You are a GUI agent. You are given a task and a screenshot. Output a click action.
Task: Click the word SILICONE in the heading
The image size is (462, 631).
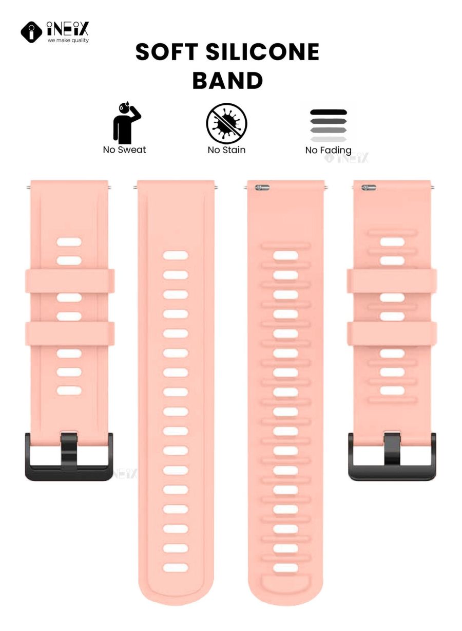pyautogui.click(x=263, y=52)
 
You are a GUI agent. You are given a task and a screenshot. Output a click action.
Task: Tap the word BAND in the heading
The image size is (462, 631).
pyautogui.click(x=227, y=80)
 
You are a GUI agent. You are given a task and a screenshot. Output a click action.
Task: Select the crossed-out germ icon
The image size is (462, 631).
pyautogui.click(x=226, y=123)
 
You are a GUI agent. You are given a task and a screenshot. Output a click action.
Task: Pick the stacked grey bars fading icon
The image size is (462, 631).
pyautogui.click(x=328, y=125)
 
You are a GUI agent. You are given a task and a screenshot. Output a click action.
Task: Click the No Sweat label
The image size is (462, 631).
pyautogui.click(x=124, y=150)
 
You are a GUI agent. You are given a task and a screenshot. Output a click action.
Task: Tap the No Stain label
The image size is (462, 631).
pyautogui.click(x=226, y=150)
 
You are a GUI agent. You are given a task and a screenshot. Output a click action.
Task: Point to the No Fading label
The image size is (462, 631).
pyautogui.click(x=329, y=150)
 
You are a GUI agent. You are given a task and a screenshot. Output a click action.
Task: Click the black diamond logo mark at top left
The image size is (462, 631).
pyautogui.click(x=31, y=32)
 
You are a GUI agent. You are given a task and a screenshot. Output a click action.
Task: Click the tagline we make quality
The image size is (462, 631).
pyautogui.click(x=68, y=40)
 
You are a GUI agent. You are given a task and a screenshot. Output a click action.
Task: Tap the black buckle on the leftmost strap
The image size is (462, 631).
pyautogui.click(x=69, y=457)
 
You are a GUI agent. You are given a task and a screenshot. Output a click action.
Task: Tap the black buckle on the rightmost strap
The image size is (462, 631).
pyautogui.click(x=392, y=457)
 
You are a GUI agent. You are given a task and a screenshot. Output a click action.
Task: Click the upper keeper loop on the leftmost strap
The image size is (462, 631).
pyautogui.click(x=70, y=281)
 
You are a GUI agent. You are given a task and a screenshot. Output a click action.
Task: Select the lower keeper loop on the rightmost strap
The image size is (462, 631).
pyautogui.click(x=392, y=333)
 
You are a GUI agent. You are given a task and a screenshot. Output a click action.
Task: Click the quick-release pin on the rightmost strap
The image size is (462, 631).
pyautogui.click(x=369, y=187)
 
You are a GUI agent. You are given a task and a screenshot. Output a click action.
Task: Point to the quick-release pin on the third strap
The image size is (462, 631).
pyautogui.click(x=262, y=188)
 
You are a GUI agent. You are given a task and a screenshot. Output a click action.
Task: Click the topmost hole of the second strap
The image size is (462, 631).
pyautogui.click(x=176, y=255)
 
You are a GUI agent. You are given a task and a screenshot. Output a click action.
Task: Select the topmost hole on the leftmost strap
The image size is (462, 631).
pyautogui.click(x=69, y=242)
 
